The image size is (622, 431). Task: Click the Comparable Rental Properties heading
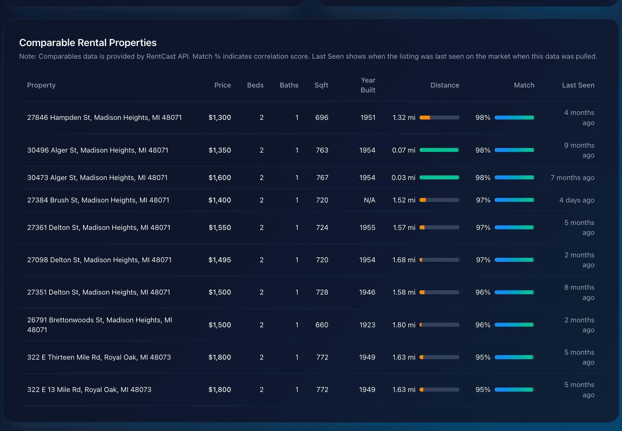point(88,43)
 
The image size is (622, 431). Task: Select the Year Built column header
point(368,85)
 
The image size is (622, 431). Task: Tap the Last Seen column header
point(578,85)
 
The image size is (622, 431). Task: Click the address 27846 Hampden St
point(104,117)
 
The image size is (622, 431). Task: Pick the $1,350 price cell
point(220,150)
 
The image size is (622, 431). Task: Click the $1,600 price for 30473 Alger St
point(220,178)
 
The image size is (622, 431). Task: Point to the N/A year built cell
point(369,200)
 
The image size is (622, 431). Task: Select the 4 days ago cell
point(577,200)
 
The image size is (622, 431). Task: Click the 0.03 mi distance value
point(403,178)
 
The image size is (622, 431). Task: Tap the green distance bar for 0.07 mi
point(439,150)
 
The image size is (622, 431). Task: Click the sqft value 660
point(322,325)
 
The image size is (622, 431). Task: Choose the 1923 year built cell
point(367,325)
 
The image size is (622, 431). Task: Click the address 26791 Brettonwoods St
point(100,320)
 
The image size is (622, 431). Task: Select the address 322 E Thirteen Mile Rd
point(99,357)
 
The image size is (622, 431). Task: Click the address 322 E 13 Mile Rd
point(89,390)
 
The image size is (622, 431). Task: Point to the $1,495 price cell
point(220,260)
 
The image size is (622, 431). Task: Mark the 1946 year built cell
point(367,292)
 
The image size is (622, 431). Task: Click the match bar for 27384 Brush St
point(514,200)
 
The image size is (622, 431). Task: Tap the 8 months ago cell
point(579,292)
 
